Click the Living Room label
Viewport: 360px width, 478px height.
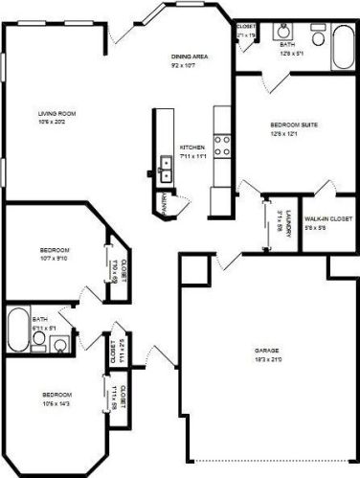(x=56, y=113)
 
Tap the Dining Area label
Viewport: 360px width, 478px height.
(x=190, y=57)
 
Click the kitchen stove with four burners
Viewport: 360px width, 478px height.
(x=221, y=146)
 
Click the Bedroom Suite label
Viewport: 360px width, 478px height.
(x=287, y=125)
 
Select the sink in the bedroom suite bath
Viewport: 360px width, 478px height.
(x=286, y=28)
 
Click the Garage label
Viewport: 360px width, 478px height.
(x=266, y=350)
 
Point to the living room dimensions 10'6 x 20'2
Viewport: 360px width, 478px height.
(x=56, y=122)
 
